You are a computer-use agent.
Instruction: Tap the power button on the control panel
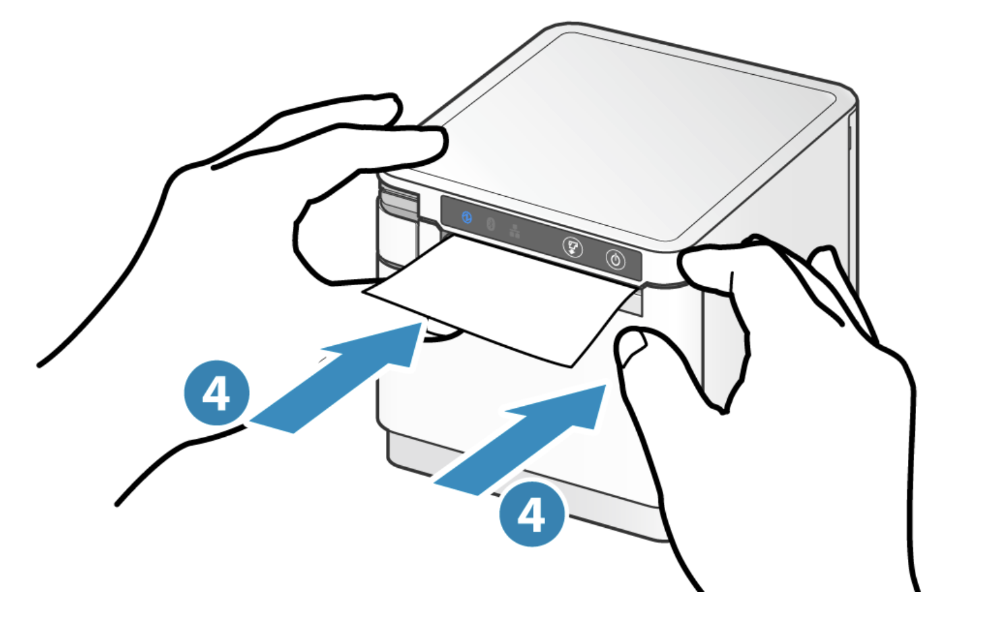[615, 260]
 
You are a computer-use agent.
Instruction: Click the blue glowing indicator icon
[467, 218]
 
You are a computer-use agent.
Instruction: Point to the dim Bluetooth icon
[490, 224]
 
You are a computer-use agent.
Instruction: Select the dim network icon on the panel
[515, 231]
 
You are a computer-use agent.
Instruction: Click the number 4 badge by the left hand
[217, 392]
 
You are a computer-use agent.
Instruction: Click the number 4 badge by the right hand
[532, 514]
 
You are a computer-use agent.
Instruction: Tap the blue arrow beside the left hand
[335, 378]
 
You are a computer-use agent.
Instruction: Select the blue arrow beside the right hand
[519, 440]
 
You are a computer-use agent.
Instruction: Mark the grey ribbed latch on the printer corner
[399, 204]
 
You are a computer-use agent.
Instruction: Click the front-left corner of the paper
[364, 292]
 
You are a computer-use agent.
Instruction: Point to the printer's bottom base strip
[523, 487]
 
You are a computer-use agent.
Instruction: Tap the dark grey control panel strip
[541, 238]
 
